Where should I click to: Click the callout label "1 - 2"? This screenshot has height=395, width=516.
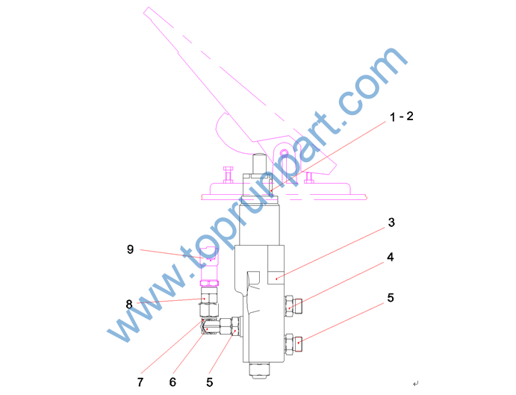(401, 116)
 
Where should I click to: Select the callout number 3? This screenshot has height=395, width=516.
(391, 223)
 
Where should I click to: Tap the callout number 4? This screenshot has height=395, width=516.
(391, 257)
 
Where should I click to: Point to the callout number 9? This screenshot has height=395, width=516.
(131, 249)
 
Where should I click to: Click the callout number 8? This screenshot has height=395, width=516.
(129, 304)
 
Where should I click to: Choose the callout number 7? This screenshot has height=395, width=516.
(140, 382)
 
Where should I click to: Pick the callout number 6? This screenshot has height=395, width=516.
(172, 382)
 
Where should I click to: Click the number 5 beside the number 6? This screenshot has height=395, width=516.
(210, 382)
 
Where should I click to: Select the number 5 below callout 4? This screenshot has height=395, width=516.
(391, 298)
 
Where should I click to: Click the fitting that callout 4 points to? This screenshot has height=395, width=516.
(293, 306)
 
